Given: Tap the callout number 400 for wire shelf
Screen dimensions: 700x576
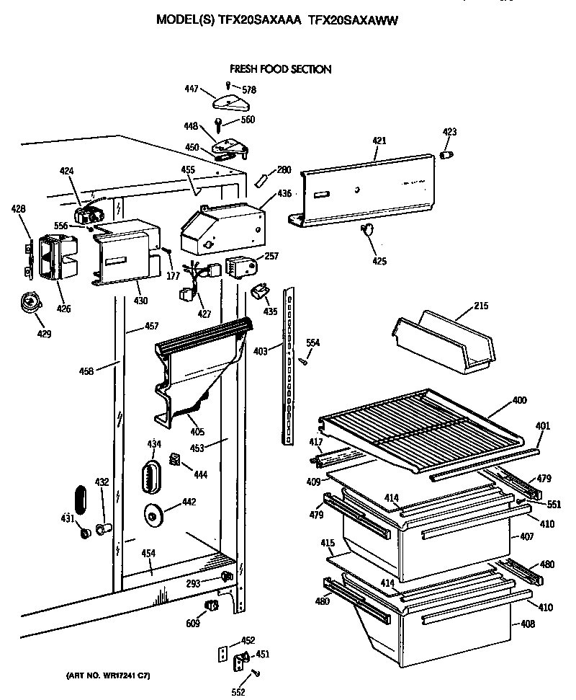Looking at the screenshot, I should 518,400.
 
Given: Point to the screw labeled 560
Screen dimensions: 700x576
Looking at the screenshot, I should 218,125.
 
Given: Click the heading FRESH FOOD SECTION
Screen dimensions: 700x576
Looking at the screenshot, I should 280,69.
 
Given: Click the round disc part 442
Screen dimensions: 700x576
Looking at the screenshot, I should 154,515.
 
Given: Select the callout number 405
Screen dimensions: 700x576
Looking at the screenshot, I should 197,432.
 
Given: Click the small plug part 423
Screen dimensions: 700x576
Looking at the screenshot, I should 448,155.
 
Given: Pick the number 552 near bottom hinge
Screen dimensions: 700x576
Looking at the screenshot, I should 238,693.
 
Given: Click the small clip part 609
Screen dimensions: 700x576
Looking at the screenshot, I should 211,605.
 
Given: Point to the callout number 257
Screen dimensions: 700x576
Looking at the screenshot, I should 271,256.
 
